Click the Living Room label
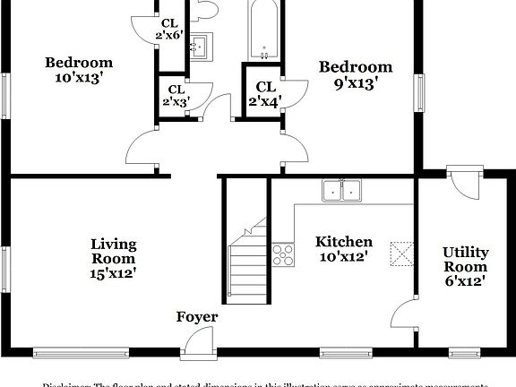(x=114, y=257)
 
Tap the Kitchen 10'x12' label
(x=343, y=249)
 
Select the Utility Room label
(x=464, y=266)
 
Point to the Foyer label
(x=196, y=317)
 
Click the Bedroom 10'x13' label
(x=79, y=70)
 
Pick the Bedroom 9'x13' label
(x=356, y=74)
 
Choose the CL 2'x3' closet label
(x=174, y=96)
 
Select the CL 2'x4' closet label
(x=265, y=94)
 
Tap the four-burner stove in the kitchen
(x=283, y=254)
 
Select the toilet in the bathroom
(x=205, y=9)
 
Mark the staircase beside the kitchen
(x=246, y=260)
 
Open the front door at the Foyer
(x=196, y=343)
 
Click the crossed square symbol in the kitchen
(x=401, y=253)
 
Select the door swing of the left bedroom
(x=144, y=148)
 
